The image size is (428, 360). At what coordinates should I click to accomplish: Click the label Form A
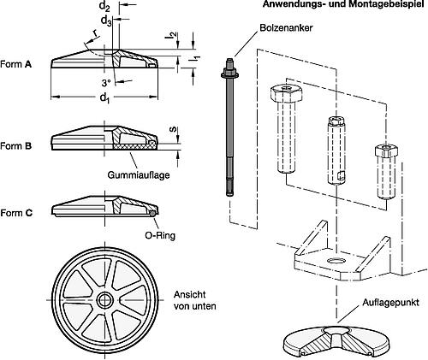coord(16,64)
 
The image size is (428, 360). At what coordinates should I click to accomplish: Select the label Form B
coord(16,146)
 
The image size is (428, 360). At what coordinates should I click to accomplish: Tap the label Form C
coord(16,212)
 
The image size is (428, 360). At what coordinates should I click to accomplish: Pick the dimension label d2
coord(105,7)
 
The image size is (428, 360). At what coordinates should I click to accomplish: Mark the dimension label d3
coord(105,21)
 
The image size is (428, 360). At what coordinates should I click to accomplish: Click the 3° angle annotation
coord(105,83)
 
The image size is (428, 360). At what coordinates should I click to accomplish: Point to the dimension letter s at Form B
coord(175,131)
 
